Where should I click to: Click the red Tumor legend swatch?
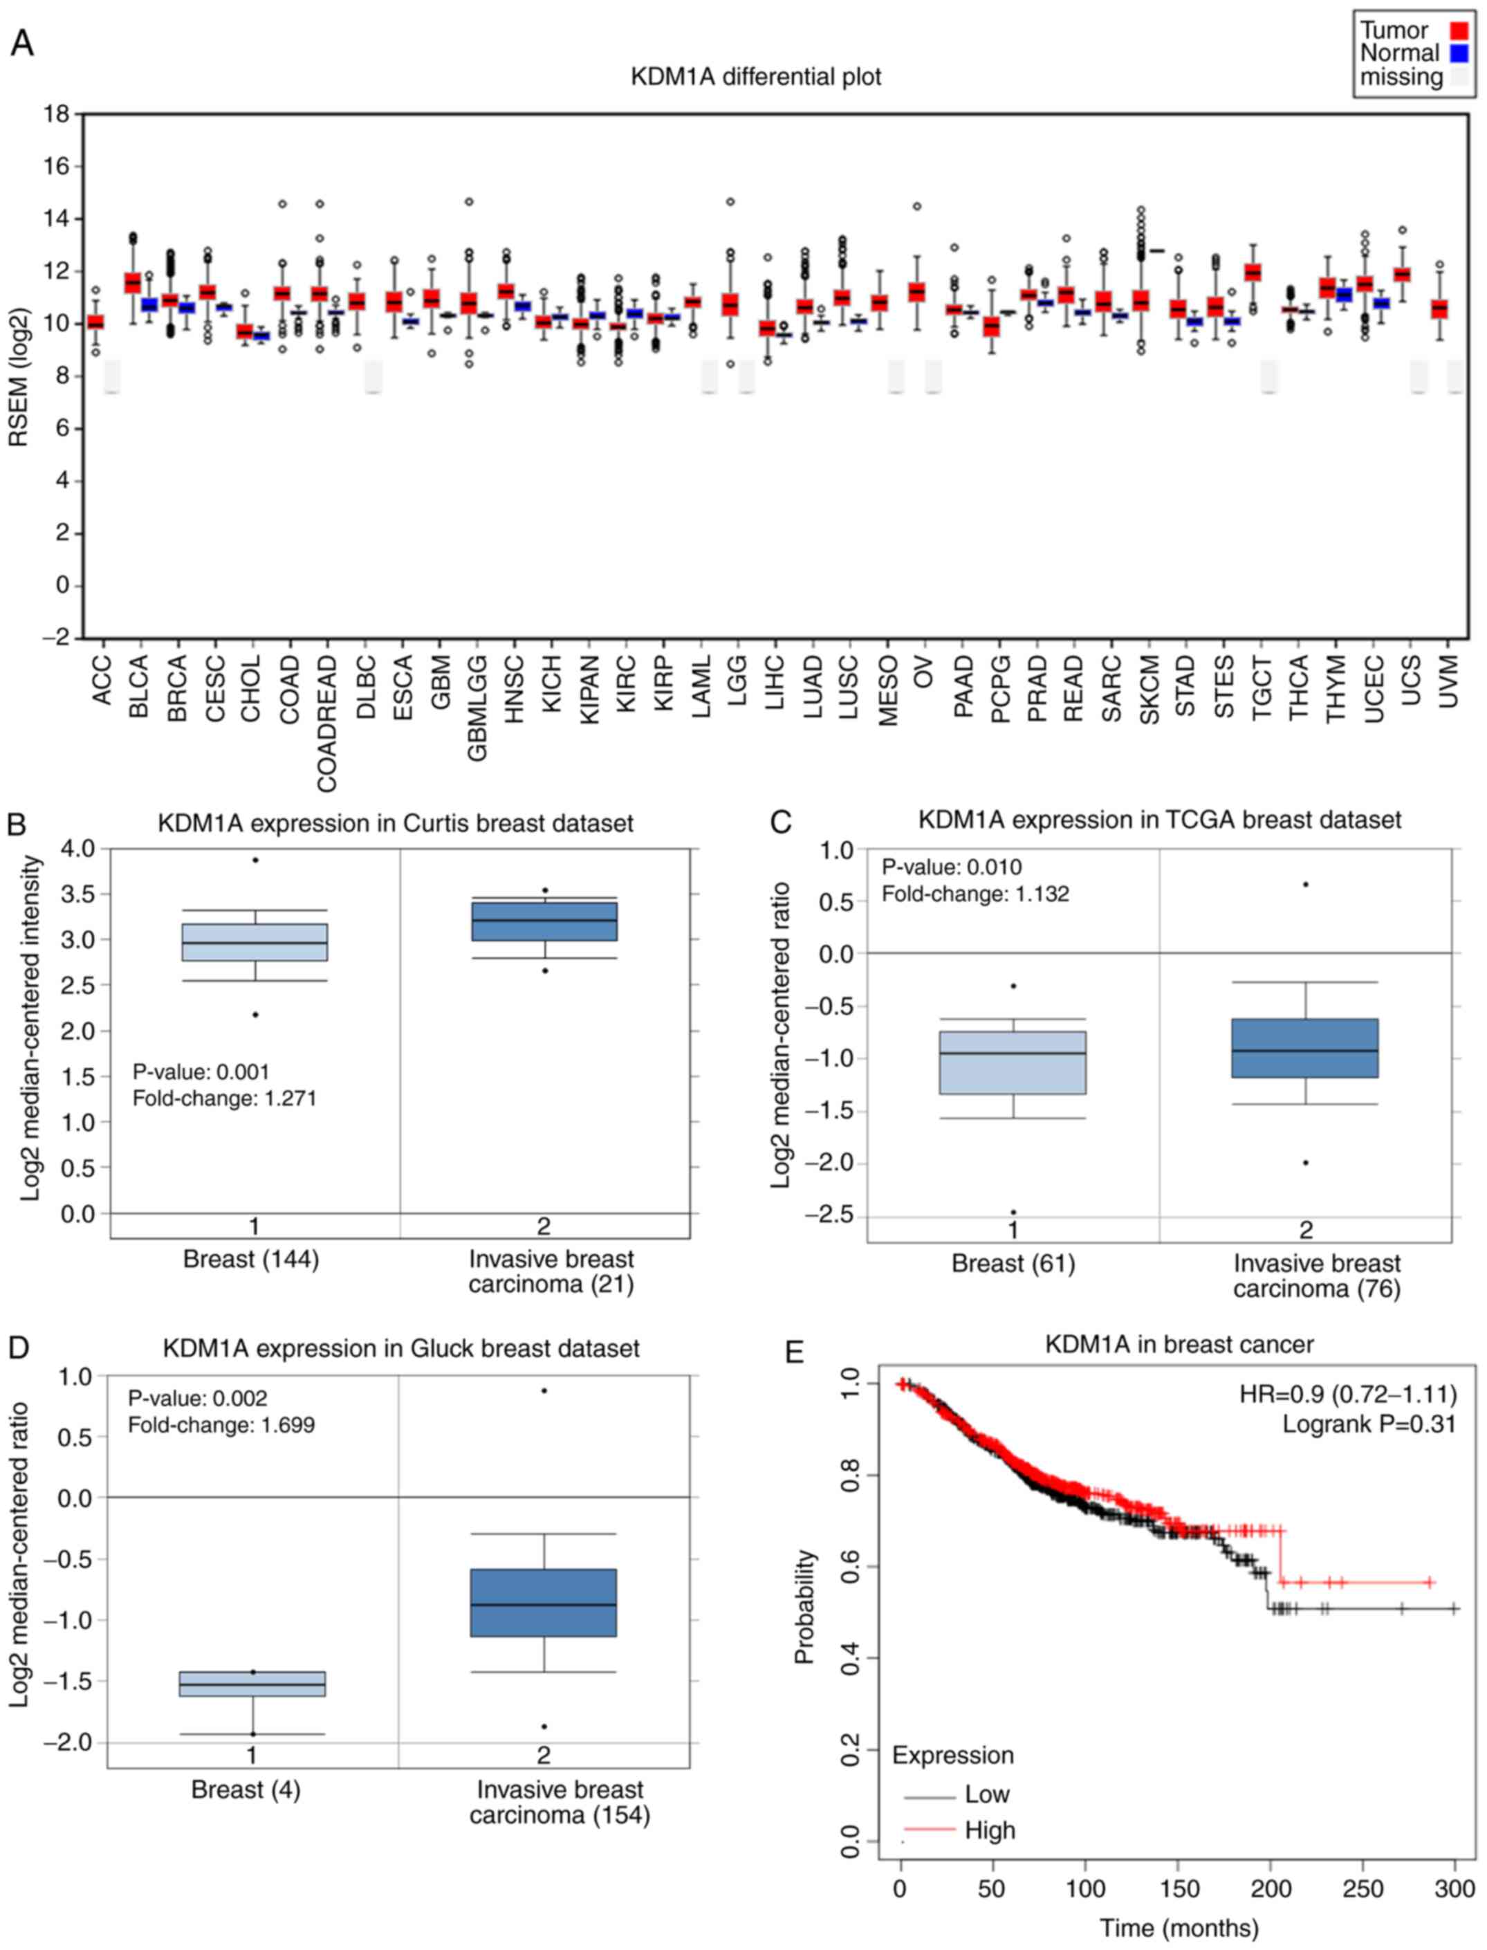(1459, 31)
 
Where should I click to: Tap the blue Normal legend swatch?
(1459, 54)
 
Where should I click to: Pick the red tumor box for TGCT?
(1253, 273)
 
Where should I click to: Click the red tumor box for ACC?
(95, 322)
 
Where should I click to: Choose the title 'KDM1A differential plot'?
(755, 77)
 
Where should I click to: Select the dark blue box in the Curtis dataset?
(544, 921)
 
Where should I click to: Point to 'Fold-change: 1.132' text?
(975, 894)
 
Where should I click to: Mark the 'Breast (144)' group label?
(250, 1260)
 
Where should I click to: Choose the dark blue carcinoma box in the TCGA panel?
(1304, 1048)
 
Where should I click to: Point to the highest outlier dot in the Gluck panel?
(544, 1390)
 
